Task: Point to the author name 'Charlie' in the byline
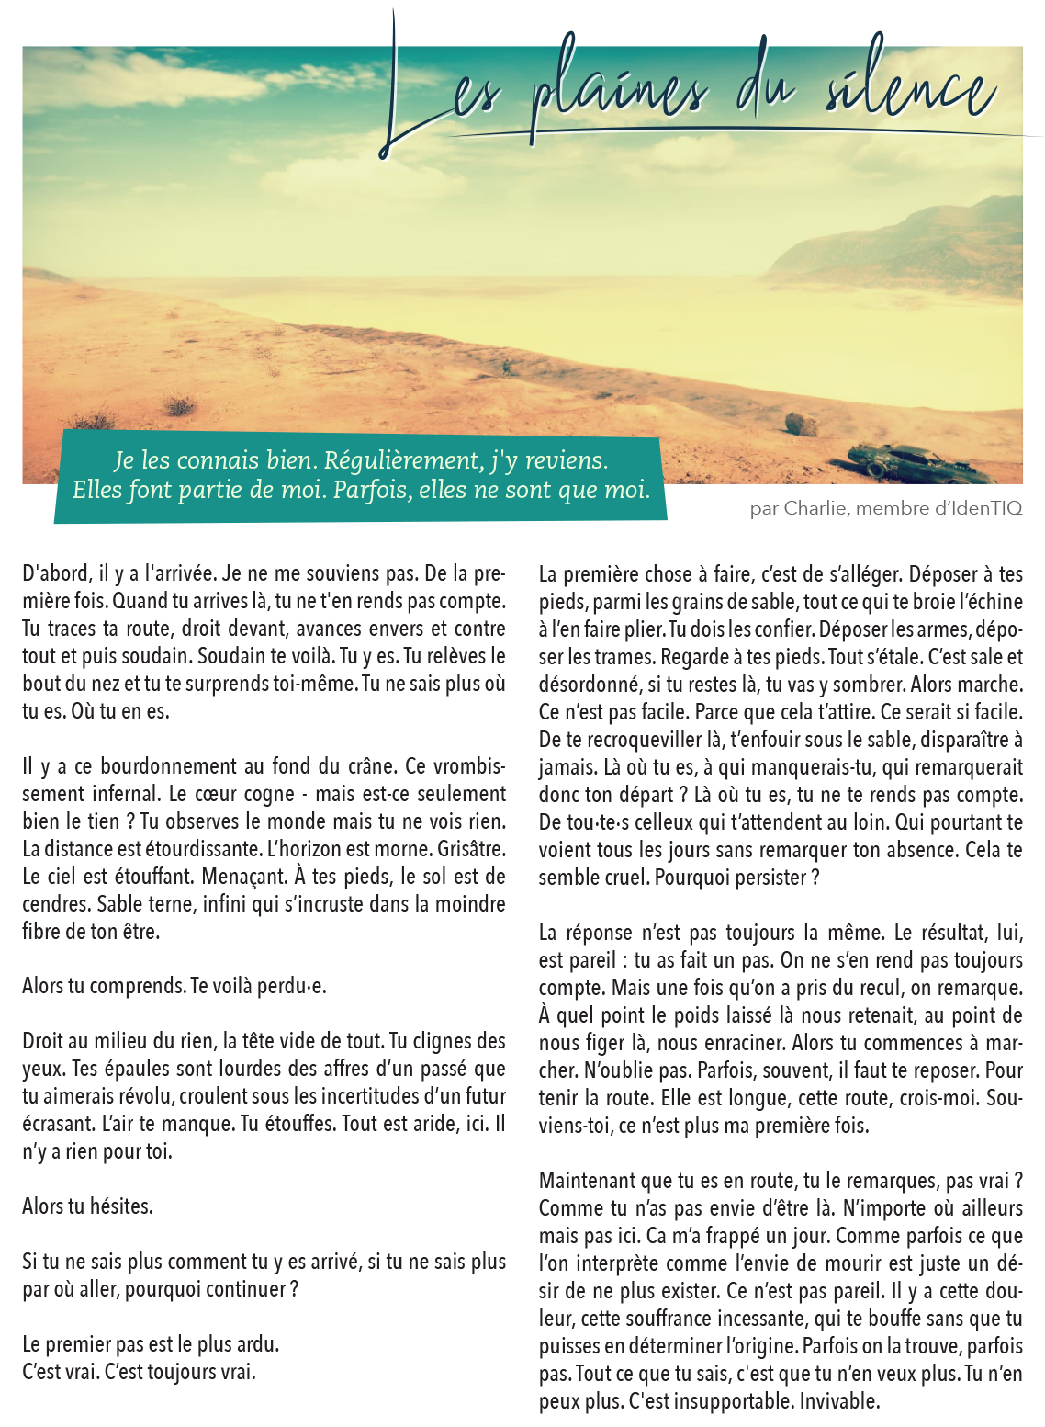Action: coord(815,508)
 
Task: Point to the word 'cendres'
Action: coord(56,904)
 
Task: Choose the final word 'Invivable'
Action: coord(839,1401)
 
